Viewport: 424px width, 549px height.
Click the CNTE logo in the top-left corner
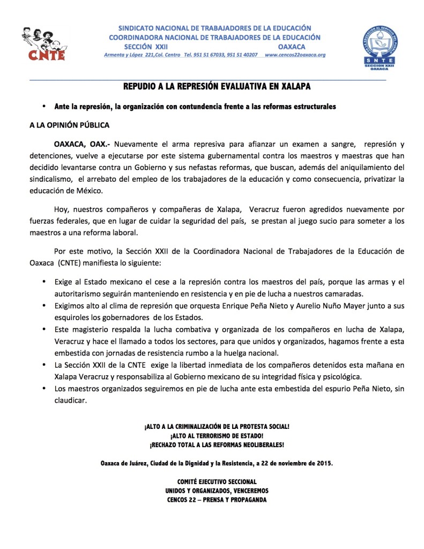tap(43, 44)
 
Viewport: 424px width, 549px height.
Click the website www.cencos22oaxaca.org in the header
tap(295, 55)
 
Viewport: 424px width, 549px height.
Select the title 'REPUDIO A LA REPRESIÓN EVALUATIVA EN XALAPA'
tap(217, 86)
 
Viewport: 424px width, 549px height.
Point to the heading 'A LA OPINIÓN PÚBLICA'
tap(69, 125)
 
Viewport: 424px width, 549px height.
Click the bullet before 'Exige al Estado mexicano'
tap(43, 281)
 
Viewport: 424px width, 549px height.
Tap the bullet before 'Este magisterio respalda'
tap(43, 329)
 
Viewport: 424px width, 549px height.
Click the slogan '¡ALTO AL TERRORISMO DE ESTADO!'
tap(217, 436)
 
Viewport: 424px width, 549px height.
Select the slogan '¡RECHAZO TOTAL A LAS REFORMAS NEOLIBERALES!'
tap(217, 445)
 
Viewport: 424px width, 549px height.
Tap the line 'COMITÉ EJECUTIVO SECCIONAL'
tap(217, 481)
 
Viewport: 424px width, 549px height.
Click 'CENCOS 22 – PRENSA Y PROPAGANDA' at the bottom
tap(217, 500)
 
